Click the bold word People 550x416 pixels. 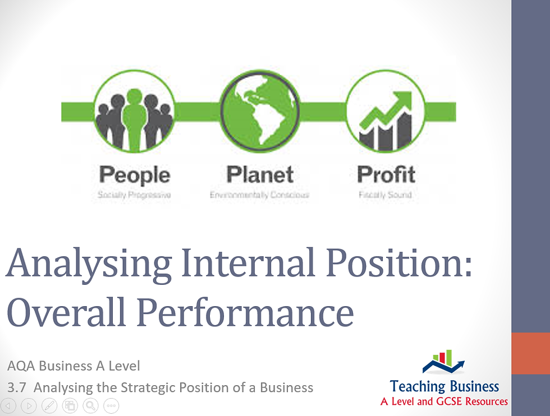click(x=134, y=175)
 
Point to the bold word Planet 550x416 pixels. click(x=260, y=175)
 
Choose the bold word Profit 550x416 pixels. click(x=386, y=175)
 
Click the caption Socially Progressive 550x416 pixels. click(x=134, y=195)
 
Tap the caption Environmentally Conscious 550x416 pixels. click(x=260, y=195)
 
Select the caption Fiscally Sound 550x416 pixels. click(x=386, y=195)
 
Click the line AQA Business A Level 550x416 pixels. click(x=74, y=366)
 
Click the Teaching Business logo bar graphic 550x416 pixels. click(x=443, y=362)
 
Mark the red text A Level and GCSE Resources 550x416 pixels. click(x=443, y=401)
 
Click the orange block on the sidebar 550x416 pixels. click(x=530, y=353)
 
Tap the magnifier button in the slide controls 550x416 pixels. click(x=90, y=405)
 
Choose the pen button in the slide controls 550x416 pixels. click(x=49, y=405)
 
